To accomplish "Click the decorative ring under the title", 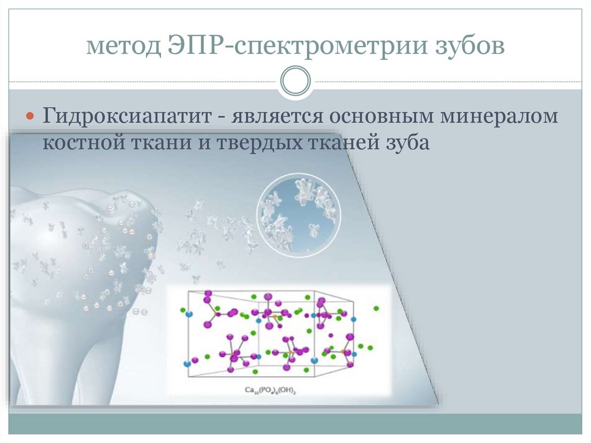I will click(295, 80).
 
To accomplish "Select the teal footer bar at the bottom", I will click(295, 425).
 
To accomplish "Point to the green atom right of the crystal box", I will click(376, 308).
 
